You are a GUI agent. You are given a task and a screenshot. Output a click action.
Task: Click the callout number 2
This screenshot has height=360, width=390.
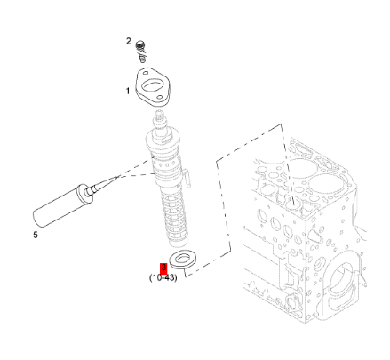pyautogui.click(x=129, y=42)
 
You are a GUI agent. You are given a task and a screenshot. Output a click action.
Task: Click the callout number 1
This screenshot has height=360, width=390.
pyautogui.click(x=128, y=91)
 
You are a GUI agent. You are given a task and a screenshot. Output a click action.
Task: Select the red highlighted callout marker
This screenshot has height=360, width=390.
pyautogui.click(x=163, y=268)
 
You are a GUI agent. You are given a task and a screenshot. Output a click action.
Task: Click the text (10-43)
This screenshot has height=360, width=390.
pyautogui.click(x=163, y=278)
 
